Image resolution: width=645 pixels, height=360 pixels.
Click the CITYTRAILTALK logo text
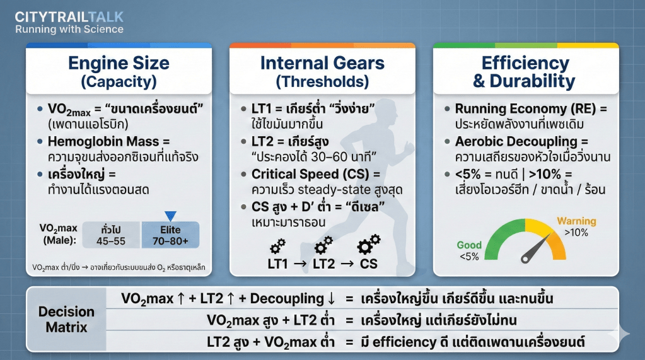pos(69,17)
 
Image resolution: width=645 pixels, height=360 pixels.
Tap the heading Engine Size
pos(119,63)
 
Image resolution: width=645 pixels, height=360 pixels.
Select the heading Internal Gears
pos(323,63)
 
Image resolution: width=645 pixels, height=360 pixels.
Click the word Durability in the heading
pos(532,81)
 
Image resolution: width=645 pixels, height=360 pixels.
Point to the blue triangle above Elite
pos(170,216)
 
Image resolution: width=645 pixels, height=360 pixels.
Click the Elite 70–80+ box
pos(170,235)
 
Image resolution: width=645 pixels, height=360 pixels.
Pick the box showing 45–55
pos(111,235)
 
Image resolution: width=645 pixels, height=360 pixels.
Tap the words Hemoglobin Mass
pos(103,141)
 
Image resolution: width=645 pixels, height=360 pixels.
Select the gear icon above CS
pos(368,245)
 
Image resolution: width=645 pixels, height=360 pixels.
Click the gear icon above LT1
pos(278,246)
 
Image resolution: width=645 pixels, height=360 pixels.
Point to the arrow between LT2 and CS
pos(347,264)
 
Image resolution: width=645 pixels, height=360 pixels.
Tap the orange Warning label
pos(576,221)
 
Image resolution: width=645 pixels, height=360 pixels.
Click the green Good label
pos(469,245)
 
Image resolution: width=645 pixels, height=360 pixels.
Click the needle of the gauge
pos(537,248)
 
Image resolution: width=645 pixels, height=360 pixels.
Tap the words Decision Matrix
pos(66,319)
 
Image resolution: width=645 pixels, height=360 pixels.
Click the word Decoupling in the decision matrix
pos(287,299)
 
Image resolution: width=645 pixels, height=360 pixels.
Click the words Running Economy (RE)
pos(525,109)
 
